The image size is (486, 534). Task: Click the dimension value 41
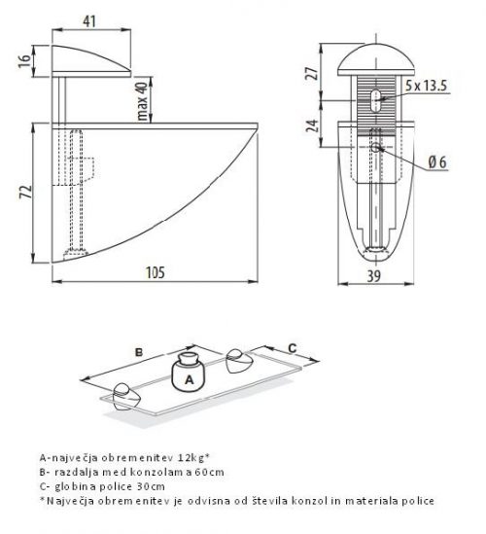(x=89, y=21)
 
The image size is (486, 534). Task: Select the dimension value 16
(x=24, y=61)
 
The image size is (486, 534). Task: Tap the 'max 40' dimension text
(x=143, y=101)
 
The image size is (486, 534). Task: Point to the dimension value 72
(x=26, y=192)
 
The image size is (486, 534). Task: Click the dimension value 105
(x=156, y=272)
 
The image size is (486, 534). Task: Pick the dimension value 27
(x=312, y=73)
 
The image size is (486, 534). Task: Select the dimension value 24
(x=312, y=125)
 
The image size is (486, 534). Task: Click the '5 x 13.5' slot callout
(x=426, y=86)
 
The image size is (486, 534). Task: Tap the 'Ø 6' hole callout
(x=437, y=161)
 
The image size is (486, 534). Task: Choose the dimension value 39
(x=374, y=276)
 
